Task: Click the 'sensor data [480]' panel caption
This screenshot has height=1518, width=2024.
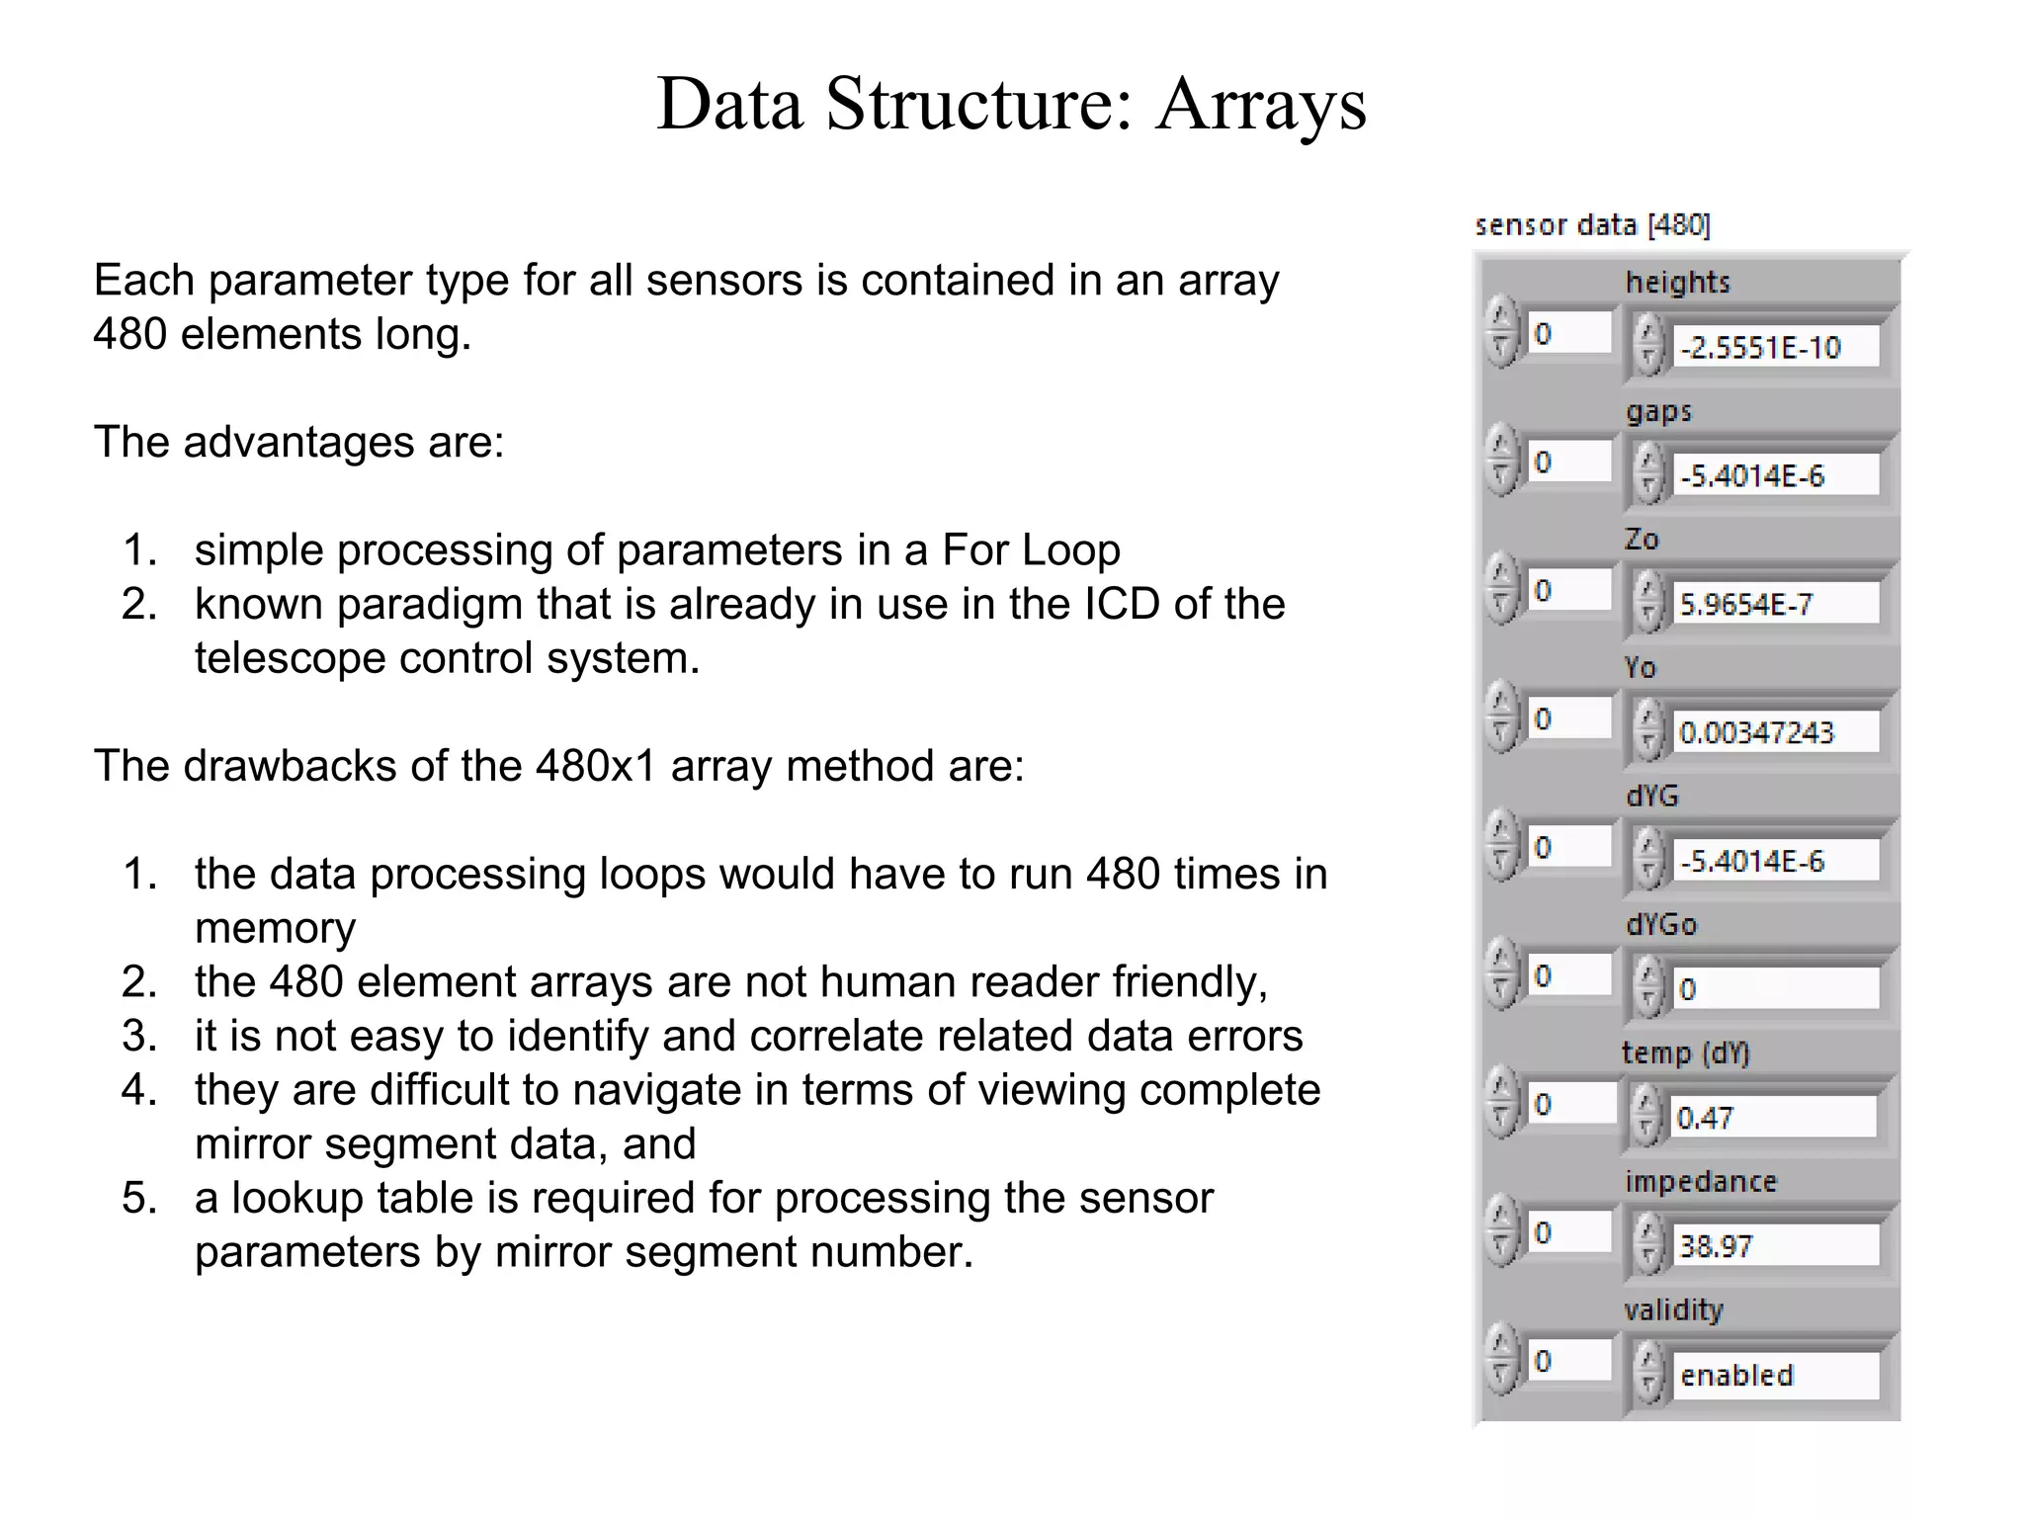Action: (1591, 225)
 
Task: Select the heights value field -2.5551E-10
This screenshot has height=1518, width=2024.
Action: (1774, 348)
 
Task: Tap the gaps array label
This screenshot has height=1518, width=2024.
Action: (1658, 411)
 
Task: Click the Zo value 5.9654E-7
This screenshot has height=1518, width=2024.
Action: (1774, 604)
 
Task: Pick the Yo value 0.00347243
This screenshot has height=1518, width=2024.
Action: (1774, 732)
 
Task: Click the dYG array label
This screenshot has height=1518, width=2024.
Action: (1651, 796)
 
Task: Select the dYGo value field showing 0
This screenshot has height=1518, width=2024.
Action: (1774, 989)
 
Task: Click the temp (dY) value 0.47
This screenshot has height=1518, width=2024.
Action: (1772, 1118)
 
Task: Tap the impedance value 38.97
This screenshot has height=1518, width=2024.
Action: (1774, 1246)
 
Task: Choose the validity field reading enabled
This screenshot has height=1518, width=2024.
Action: (1774, 1375)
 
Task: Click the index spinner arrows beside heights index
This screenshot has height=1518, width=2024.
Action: (1501, 333)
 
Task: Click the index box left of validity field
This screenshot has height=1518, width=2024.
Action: (1567, 1361)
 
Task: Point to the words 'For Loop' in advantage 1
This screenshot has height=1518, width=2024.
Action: (1031, 549)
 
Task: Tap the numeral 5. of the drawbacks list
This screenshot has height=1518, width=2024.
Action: (139, 1198)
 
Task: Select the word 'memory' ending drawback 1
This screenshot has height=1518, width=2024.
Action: (275, 928)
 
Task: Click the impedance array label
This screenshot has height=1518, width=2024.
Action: (1700, 1181)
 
